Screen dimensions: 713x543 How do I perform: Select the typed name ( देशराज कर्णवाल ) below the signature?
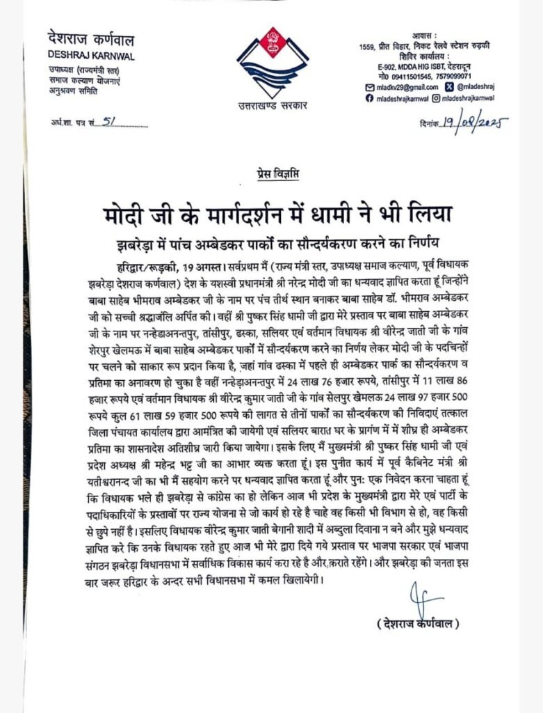pos(417,623)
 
